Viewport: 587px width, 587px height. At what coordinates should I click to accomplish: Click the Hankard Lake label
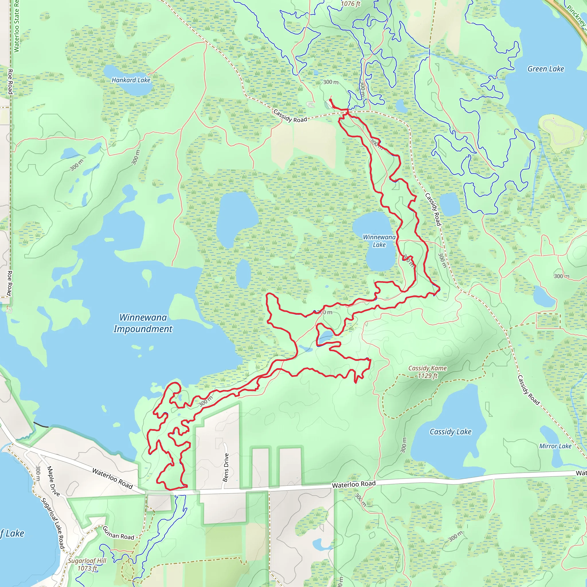coord(131,80)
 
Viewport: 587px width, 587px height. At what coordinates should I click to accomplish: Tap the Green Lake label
coord(546,69)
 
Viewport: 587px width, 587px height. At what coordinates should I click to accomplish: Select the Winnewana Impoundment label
coord(143,323)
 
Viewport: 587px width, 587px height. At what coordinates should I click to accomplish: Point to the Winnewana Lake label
coord(379,241)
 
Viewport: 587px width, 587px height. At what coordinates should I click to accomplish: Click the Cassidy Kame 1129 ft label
coord(427,372)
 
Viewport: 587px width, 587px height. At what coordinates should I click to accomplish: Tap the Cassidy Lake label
coord(450,432)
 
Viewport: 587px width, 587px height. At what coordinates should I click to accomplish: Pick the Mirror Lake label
coord(555,446)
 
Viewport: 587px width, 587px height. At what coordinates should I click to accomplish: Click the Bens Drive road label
coord(226,467)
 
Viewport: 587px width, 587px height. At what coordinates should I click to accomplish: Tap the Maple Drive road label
coord(53,481)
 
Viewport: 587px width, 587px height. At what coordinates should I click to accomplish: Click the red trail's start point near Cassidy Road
coord(330,100)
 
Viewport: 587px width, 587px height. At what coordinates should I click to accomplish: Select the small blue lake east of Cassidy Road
coord(450,204)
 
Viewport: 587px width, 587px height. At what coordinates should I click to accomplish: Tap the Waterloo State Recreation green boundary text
coord(16,26)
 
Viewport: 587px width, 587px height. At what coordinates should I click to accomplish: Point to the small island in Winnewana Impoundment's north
coord(147,276)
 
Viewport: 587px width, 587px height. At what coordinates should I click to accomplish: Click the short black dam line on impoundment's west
coord(41,425)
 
